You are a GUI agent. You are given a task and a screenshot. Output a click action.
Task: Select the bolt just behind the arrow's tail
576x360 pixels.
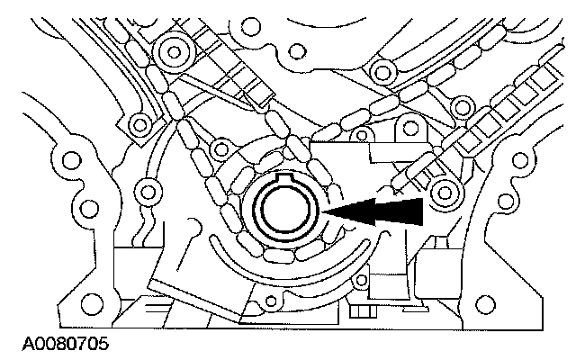[443, 191]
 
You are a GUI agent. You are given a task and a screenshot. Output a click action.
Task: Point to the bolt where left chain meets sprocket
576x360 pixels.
[218, 146]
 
